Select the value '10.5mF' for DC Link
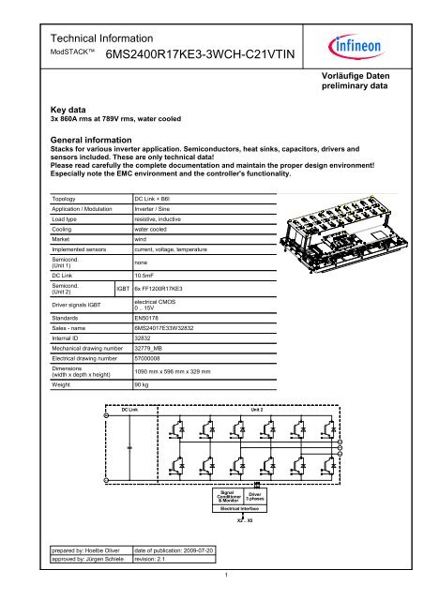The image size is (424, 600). click(146, 276)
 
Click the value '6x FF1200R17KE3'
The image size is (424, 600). click(166, 289)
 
